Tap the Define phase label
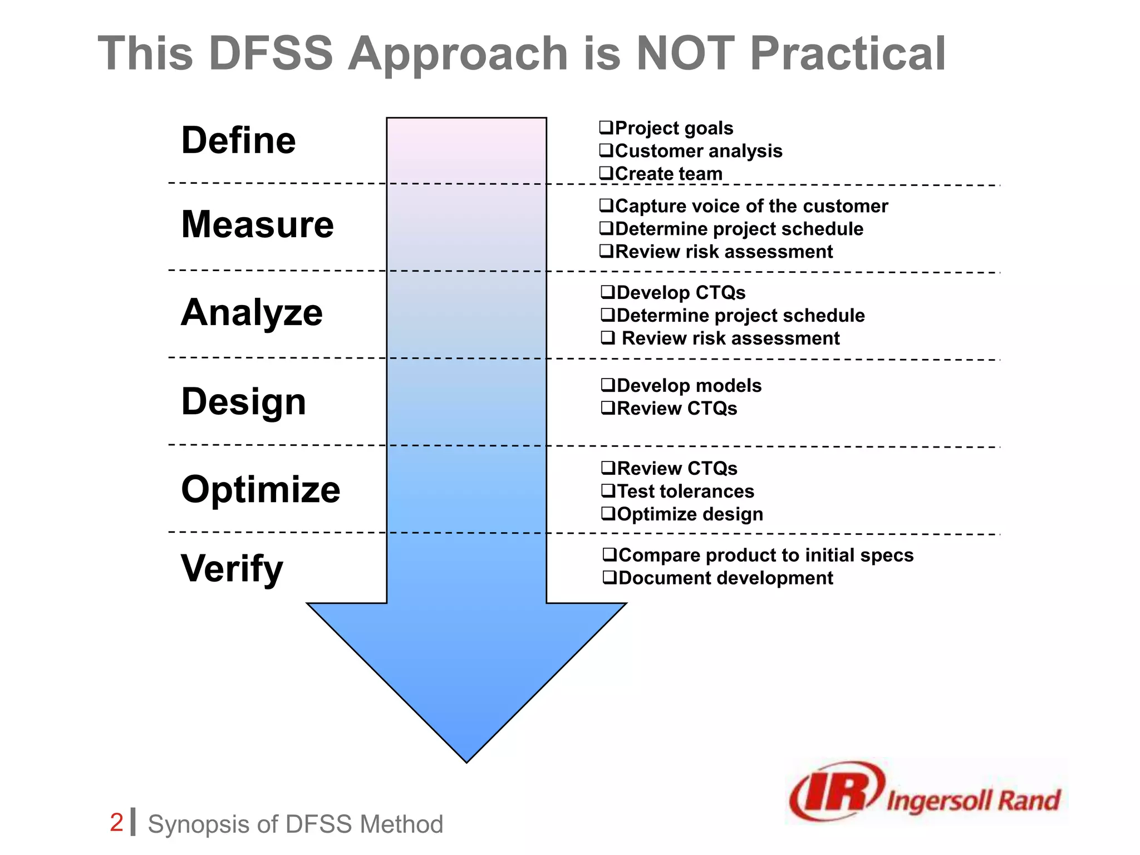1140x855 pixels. point(238,140)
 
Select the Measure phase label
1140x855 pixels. point(257,224)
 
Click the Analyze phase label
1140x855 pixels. point(252,312)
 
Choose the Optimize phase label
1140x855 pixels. point(261,489)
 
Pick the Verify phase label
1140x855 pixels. point(232,568)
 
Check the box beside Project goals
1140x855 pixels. point(606,127)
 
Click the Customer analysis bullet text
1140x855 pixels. point(698,151)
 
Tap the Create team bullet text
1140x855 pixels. point(668,174)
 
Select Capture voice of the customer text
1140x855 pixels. point(751,206)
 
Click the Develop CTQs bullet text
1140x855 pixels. point(680,293)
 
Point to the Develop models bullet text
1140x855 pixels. point(689,386)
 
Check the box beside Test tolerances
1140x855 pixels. point(608,490)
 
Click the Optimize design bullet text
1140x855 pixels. point(690,514)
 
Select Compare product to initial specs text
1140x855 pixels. point(765,556)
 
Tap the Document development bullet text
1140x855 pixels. point(725,578)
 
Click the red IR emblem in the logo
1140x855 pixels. point(835,790)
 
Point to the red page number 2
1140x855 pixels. point(116,823)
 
